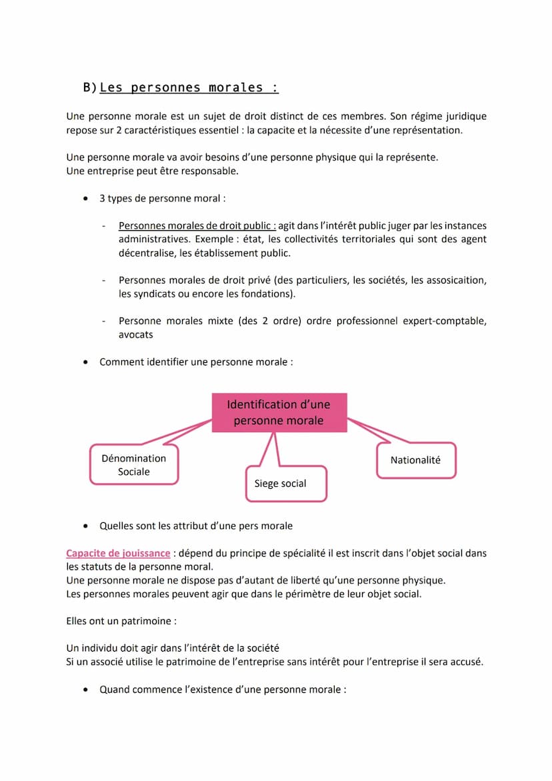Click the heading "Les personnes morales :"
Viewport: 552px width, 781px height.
point(189,87)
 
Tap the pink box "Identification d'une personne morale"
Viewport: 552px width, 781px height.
point(279,413)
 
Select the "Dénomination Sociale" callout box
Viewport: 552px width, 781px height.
point(134,465)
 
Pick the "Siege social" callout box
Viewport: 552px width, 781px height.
point(286,484)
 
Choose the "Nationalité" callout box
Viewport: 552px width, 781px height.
point(415,460)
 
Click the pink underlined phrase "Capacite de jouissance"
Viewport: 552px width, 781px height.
point(118,553)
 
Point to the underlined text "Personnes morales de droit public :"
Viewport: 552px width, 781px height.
point(197,226)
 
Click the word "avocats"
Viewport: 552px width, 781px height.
point(136,335)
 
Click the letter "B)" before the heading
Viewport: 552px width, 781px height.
point(90,87)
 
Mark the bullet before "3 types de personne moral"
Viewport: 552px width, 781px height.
point(85,199)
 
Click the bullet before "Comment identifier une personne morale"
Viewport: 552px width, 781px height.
point(85,362)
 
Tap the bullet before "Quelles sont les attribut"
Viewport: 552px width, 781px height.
point(85,526)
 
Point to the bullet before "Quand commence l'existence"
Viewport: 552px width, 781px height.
point(85,690)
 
